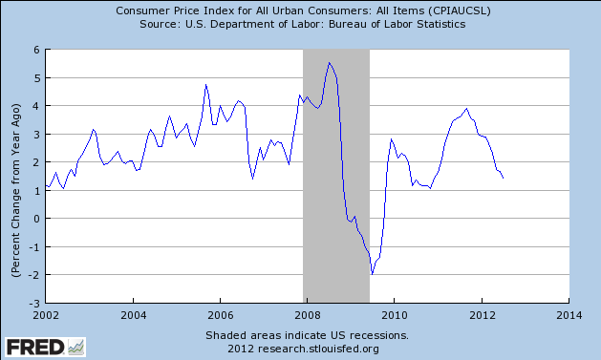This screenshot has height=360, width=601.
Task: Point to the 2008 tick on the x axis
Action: pyautogui.click(x=307, y=312)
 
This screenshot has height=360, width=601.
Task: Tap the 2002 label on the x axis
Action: pyautogui.click(x=46, y=312)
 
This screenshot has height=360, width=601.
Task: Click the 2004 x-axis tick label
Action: pyautogui.click(x=133, y=312)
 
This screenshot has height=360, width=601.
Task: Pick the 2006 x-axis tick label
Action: pyautogui.click(x=220, y=312)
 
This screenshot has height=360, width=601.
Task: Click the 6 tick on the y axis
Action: pyautogui.click(x=35, y=50)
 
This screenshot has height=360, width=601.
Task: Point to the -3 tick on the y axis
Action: pyautogui.click(x=32, y=303)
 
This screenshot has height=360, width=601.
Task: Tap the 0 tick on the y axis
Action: pyautogui.click(x=35, y=219)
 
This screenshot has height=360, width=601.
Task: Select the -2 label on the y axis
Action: pyautogui.click(x=32, y=275)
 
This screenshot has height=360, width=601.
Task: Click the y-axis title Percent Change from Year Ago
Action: pyautogui.click(x=15, y=176)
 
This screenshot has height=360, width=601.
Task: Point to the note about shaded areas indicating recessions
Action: pyautogui.click(x=307, y=335)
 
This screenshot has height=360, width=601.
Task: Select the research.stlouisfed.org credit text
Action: pyautogui.click(x=307, y=349)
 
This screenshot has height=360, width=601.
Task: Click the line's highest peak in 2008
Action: pyautogui.click(x=330, y=63)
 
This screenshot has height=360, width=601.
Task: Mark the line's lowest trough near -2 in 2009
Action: pyautogui.click(x=373, y=273)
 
